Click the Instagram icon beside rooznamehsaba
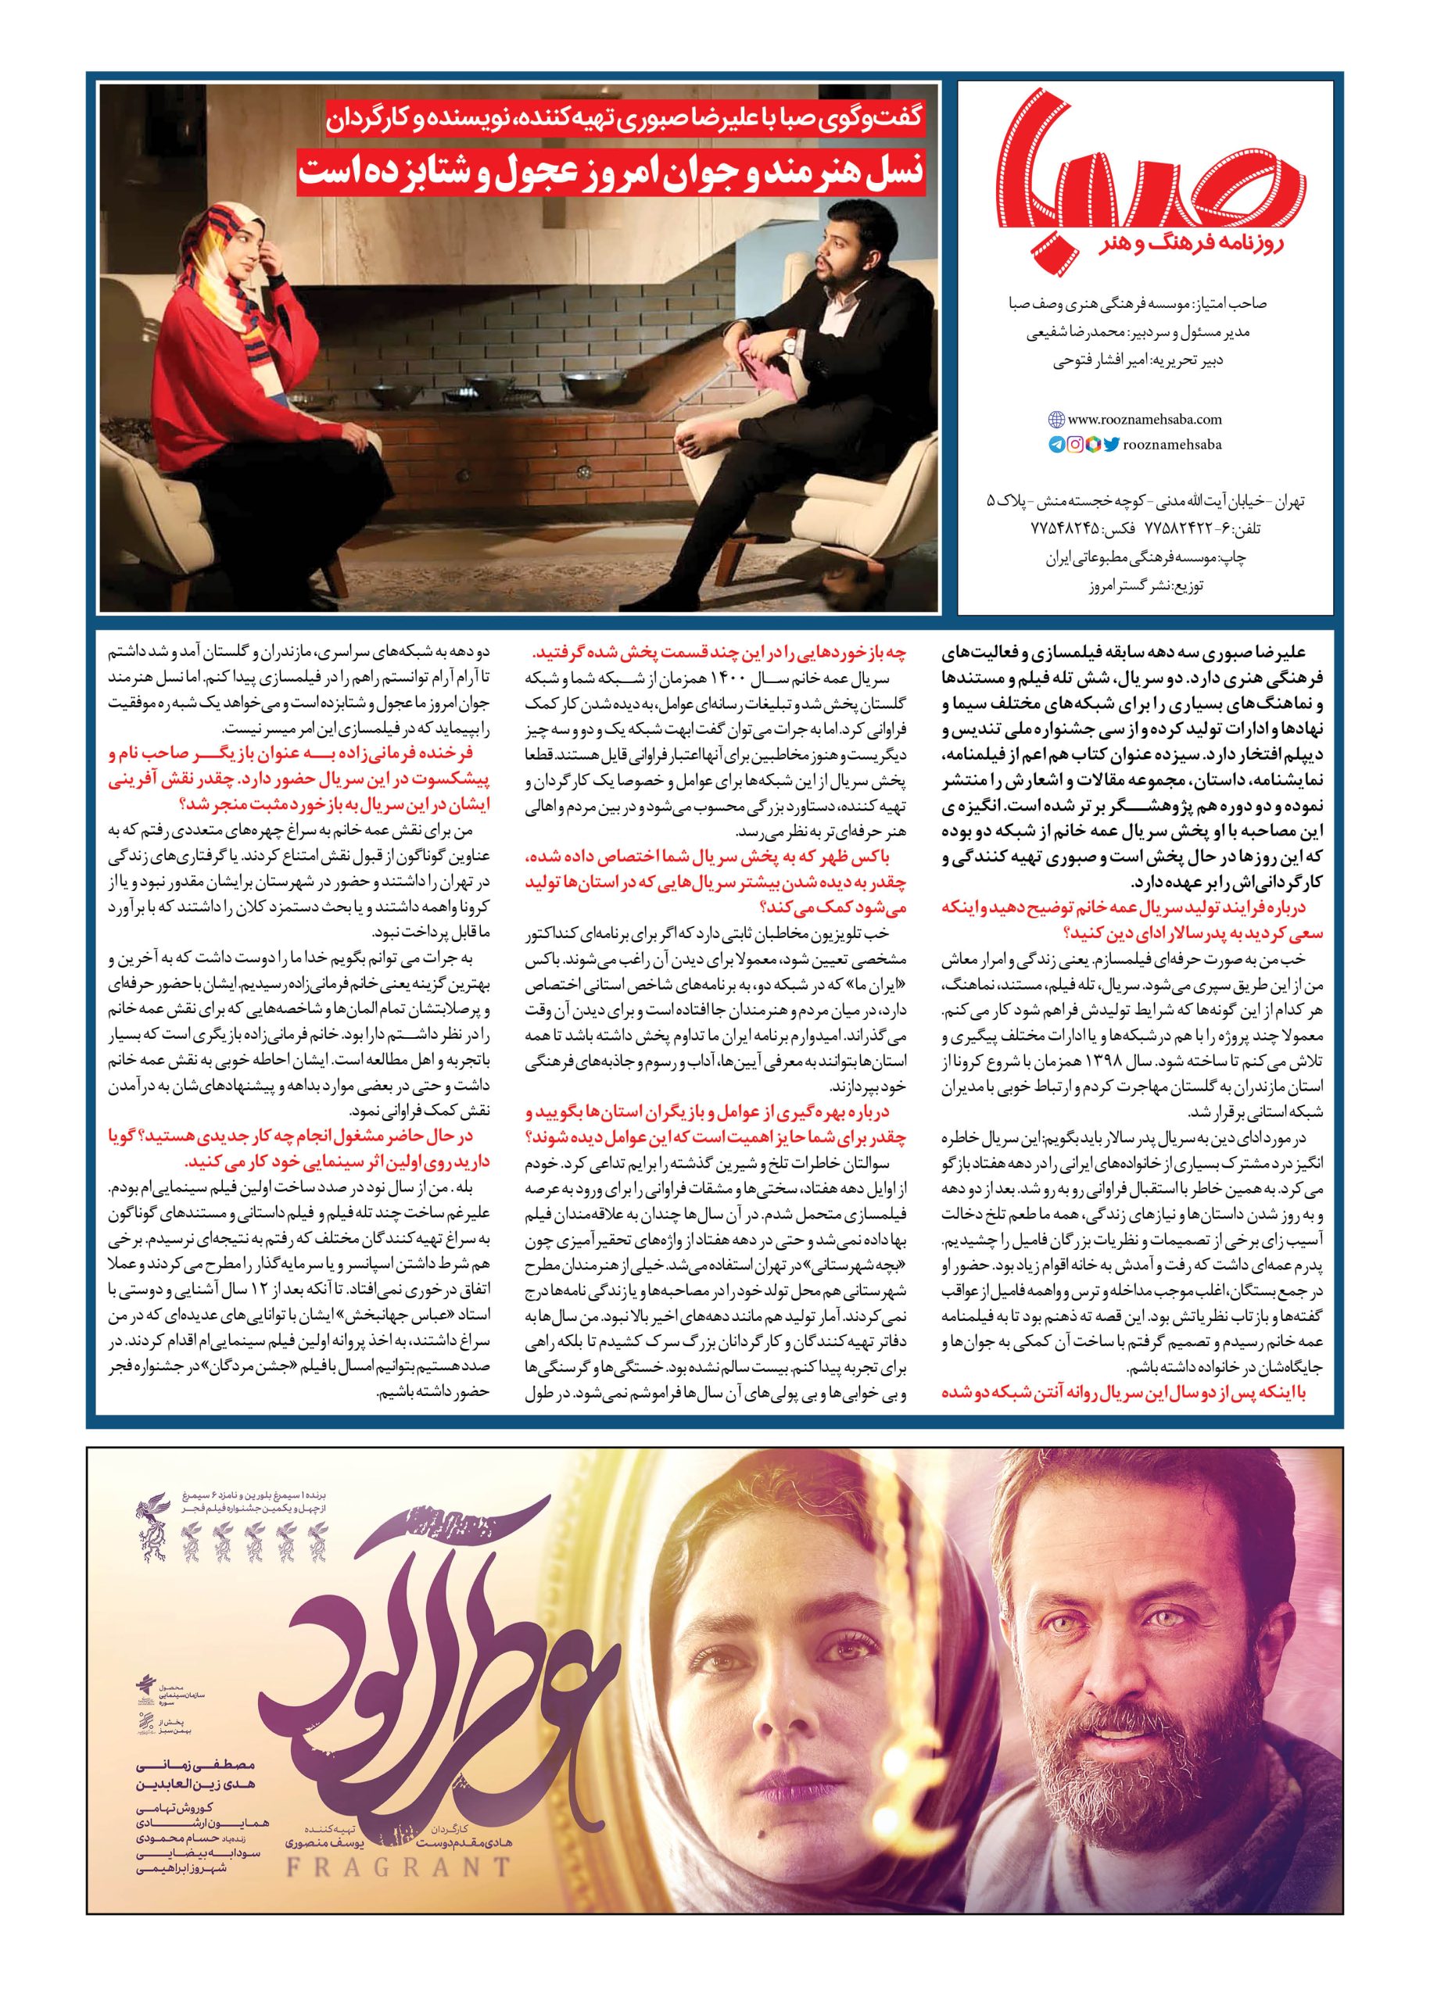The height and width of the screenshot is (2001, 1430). click(x=1074, y=446)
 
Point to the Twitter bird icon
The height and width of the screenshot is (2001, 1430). click(x=1110, y=446)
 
